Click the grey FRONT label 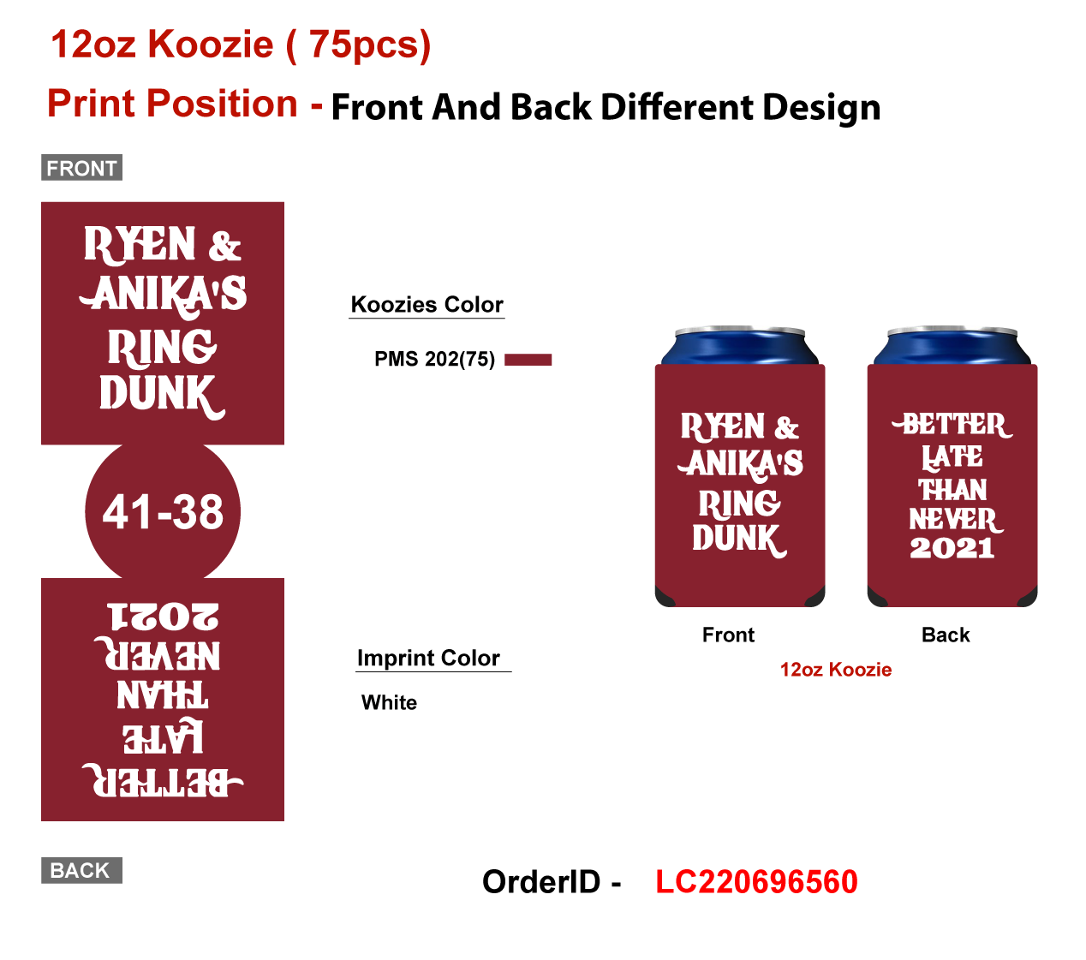pyautogui.click(x=81, y=168)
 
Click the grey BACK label pyautogui.click(x=81, y=870)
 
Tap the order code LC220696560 pyautogui.click(x=756, y=882)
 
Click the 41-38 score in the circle pyautogui.click(x=163, y=512)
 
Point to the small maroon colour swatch pyautogui.click(x=528, y=360)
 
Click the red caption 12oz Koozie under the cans pyautogui.click(x=835, y=670)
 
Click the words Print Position pyautogui.click(x=172, y=104)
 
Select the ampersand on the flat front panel pyautogui.click(x=224, y=247)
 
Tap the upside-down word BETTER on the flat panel pyautogui.click(x=163, y=781)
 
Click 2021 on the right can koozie pyautogui.click(x=952, y=548)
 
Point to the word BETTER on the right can pyautogui.click(x=952, y=425)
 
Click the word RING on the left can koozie pyautogui.click(x=739, y=504)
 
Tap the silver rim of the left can pyautogui.click(x=739, y=331)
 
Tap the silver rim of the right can pyautogui.click(x=952, y=331)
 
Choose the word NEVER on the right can pyautogui.click(x=952, y=520)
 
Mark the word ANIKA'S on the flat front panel pyautogui.click(x=164, y=295)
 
